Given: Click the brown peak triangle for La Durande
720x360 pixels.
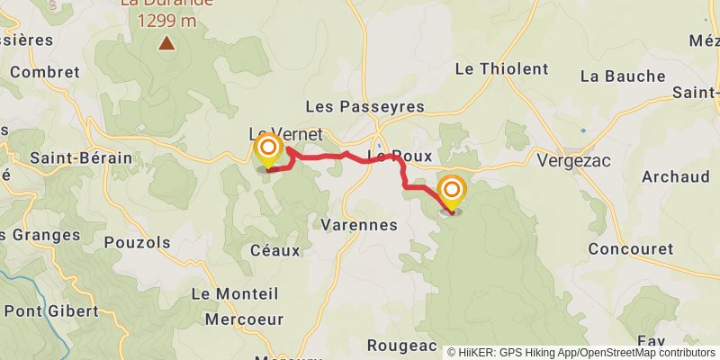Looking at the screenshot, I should (166, 42).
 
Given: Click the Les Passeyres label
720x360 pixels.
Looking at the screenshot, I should (364, 107).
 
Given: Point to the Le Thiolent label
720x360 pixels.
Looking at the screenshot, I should (502, 68).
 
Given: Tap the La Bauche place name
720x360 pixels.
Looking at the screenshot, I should (623, 76).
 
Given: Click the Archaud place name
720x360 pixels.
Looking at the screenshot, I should (676, 176).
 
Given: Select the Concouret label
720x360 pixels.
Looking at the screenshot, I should (630, 248).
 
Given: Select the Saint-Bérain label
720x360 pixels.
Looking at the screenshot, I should (81, 158).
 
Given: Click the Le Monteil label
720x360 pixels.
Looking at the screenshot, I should (236, 294).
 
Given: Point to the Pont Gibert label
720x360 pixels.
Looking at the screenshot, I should (51, 311).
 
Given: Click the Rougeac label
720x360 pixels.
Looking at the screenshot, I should (401, 346).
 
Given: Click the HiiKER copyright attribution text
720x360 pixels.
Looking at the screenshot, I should (581, 352).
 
